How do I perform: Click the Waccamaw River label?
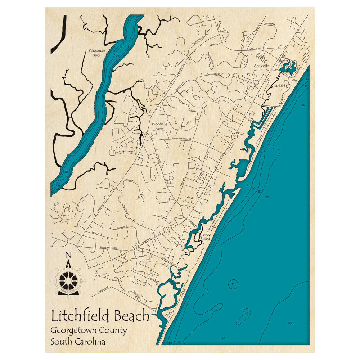click(x=97, y=53)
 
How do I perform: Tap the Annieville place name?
click(x=261, y=66)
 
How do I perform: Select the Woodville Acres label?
click(x=159, y=126)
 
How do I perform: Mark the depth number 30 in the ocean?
click(x=290, y=323)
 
